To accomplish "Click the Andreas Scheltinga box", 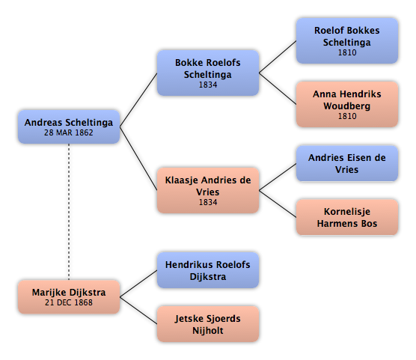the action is click(69, 127).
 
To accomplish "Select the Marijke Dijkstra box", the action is click(69, 297).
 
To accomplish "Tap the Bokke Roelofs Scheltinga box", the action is click(208, 73).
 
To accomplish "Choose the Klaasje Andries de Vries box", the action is click(208, 190).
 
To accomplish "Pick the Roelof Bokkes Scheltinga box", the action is click(347, 41).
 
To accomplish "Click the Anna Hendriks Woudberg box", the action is click(347, 104).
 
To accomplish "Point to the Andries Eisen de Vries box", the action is click(347, 164).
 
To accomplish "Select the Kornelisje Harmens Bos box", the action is click(347, 218).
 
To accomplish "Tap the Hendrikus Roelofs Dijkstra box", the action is click(208, 270).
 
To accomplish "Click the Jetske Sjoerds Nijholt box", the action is click(208, 324).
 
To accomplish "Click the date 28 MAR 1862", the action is click(69, 132).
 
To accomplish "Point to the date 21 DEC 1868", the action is click(69, 302).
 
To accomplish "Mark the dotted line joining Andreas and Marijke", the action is click(69, 212).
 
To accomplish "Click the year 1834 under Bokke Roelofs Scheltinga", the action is click(208, 85).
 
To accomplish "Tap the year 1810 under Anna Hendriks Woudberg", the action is click(347, 116).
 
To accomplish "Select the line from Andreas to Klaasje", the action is click(138, 159).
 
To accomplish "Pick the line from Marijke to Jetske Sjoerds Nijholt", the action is click(138, 311).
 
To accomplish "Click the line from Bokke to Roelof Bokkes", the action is click(278, 57).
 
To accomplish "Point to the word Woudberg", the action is click(347, 106).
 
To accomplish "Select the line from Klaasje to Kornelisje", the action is click(278, 204).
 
